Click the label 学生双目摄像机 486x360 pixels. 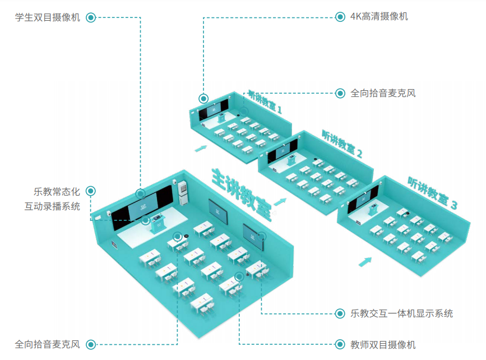click(x=48, y=17)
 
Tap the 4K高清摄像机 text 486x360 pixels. click(x=379, y=16)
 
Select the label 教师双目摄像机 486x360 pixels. click(x=383, y=344)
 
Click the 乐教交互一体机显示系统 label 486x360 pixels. click(x=401, y=313)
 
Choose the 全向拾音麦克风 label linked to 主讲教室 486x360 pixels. click(x=48, y=344)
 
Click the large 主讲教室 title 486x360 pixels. click(x=242, y=193)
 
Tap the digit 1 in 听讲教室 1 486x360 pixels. click(x=278, y=108)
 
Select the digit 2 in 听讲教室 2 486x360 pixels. click(x=359, y=153)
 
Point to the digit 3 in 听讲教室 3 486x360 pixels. click(x=454, y=206)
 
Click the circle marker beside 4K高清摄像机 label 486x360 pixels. click(x=340, y=17)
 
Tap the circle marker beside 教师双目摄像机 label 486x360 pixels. click(x=340, y=344)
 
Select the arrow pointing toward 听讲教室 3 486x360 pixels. click(x=365, y=261)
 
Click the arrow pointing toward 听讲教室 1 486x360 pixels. click(x=200, y=149)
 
